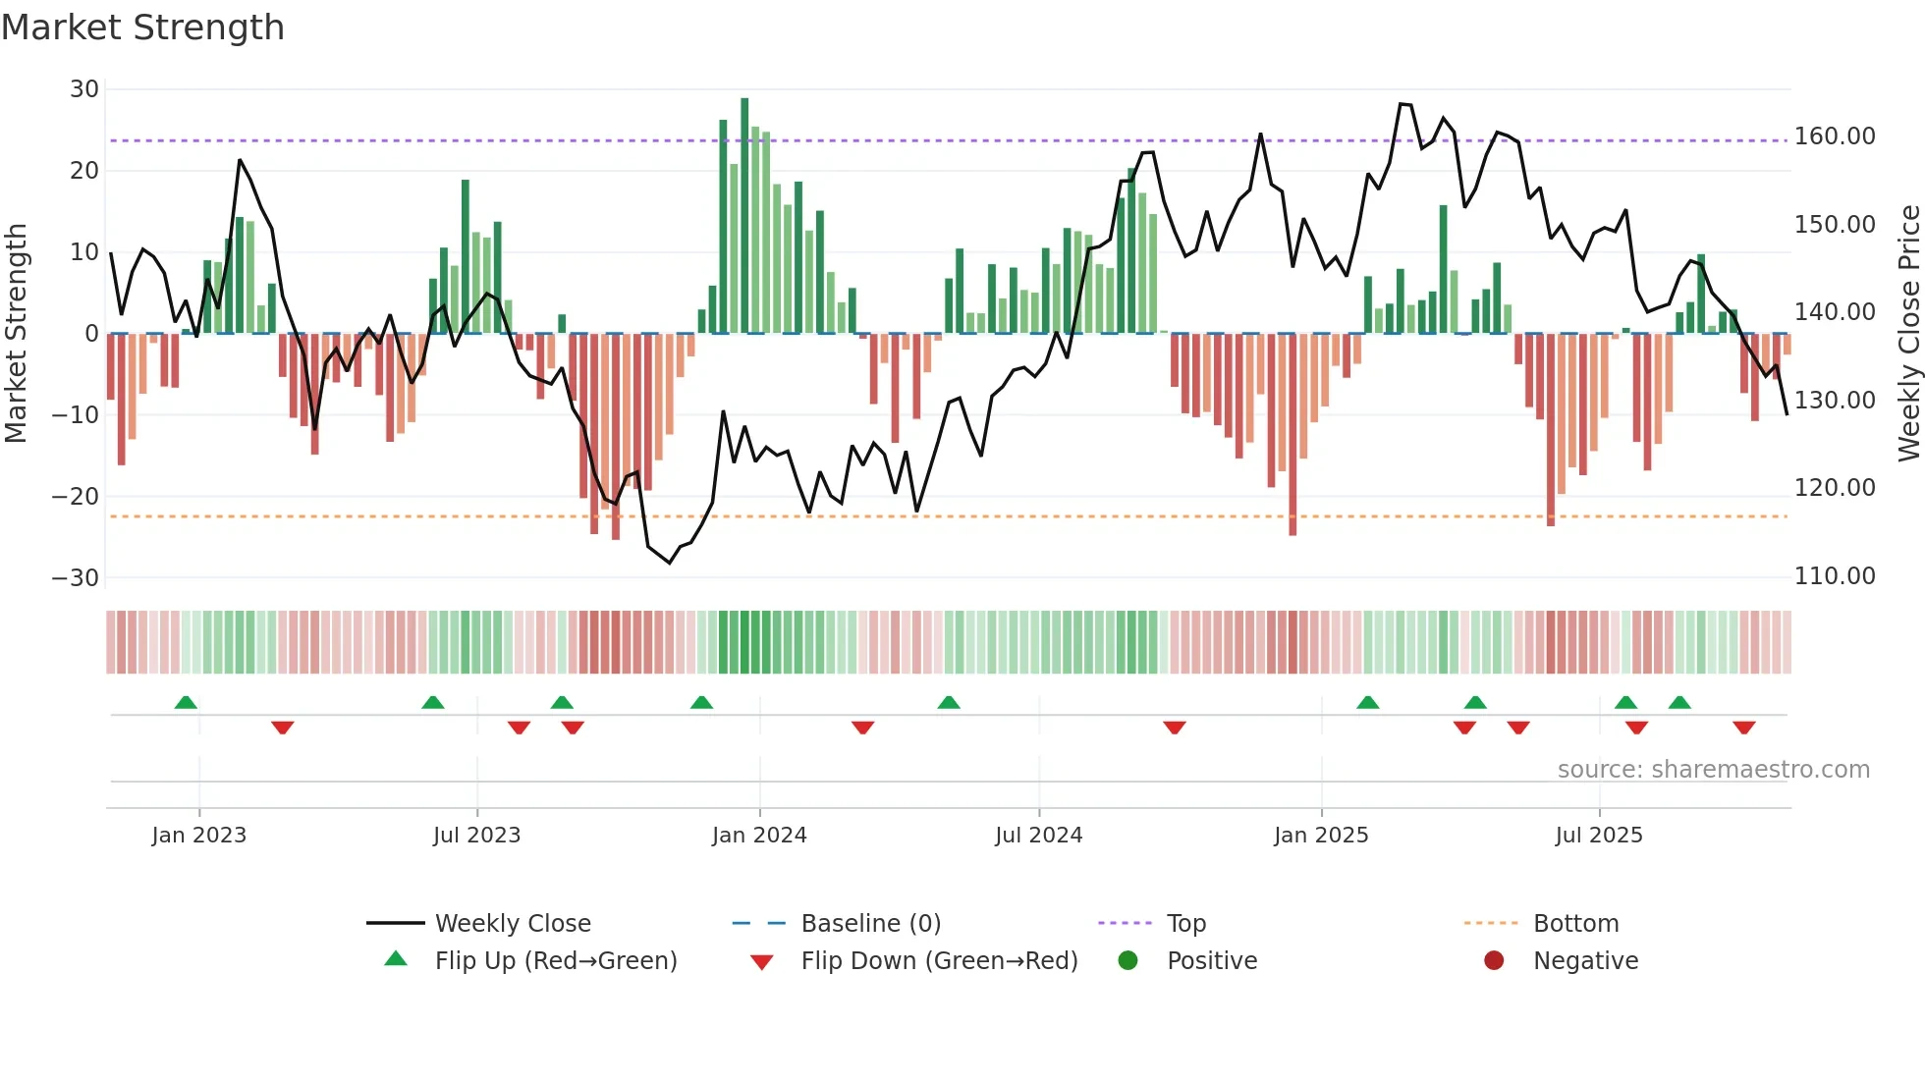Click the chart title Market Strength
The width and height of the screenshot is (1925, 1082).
(x=142, y=27)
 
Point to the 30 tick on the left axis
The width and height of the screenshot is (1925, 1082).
(x=84, y=89)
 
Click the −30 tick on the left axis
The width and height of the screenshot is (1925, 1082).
(x=76, y=578)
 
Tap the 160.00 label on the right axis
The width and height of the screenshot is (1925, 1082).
(x=1835, y=136)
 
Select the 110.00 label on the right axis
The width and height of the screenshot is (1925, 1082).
(x=1835, y=576)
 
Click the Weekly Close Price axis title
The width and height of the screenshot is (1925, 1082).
(x=1908, y=334)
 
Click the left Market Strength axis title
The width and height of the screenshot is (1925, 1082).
(x=16, y=334)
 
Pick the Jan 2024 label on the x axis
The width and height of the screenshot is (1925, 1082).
(x=759, y=836)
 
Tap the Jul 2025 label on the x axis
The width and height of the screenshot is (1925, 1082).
(x=1599, y=836)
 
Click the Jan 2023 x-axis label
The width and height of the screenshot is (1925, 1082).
(x=199, y=836)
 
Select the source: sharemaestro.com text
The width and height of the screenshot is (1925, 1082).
(x=1713, y=770)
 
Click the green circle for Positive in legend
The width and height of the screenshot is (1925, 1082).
(x=1127, y=961)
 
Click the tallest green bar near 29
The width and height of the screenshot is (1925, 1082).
(x=744, y=216)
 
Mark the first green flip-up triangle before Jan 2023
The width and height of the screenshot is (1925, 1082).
(x=186, y=702)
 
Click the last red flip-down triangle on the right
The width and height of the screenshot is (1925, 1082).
(x=1744, y=728)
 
